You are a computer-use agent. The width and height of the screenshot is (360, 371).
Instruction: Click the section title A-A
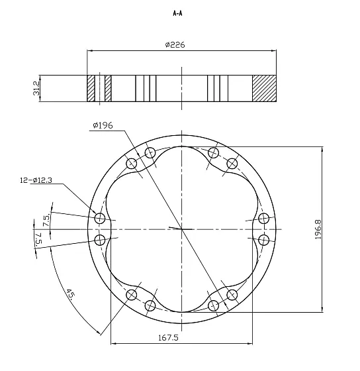click(x=177, y=13)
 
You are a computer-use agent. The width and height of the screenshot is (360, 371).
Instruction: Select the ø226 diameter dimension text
click(x=175, y=45)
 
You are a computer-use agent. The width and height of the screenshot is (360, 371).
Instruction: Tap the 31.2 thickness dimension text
click(x=36, y=89)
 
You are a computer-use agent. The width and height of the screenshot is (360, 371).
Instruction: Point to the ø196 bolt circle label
click(x=103, y=125)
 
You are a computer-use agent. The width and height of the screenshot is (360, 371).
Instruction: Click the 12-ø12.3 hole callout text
click(x=36, y=180)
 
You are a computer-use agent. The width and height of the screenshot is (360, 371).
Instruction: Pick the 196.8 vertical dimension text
click(x=318, y=229)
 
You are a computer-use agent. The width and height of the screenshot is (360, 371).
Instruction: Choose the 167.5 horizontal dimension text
click(x=168, y=338)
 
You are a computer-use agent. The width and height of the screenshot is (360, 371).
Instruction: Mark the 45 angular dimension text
click(x=71, y=293)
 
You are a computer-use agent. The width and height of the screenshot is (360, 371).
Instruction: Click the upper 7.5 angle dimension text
click(x=46, y=220)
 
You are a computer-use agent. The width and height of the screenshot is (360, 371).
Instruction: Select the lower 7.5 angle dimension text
click(x=39, y=238)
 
